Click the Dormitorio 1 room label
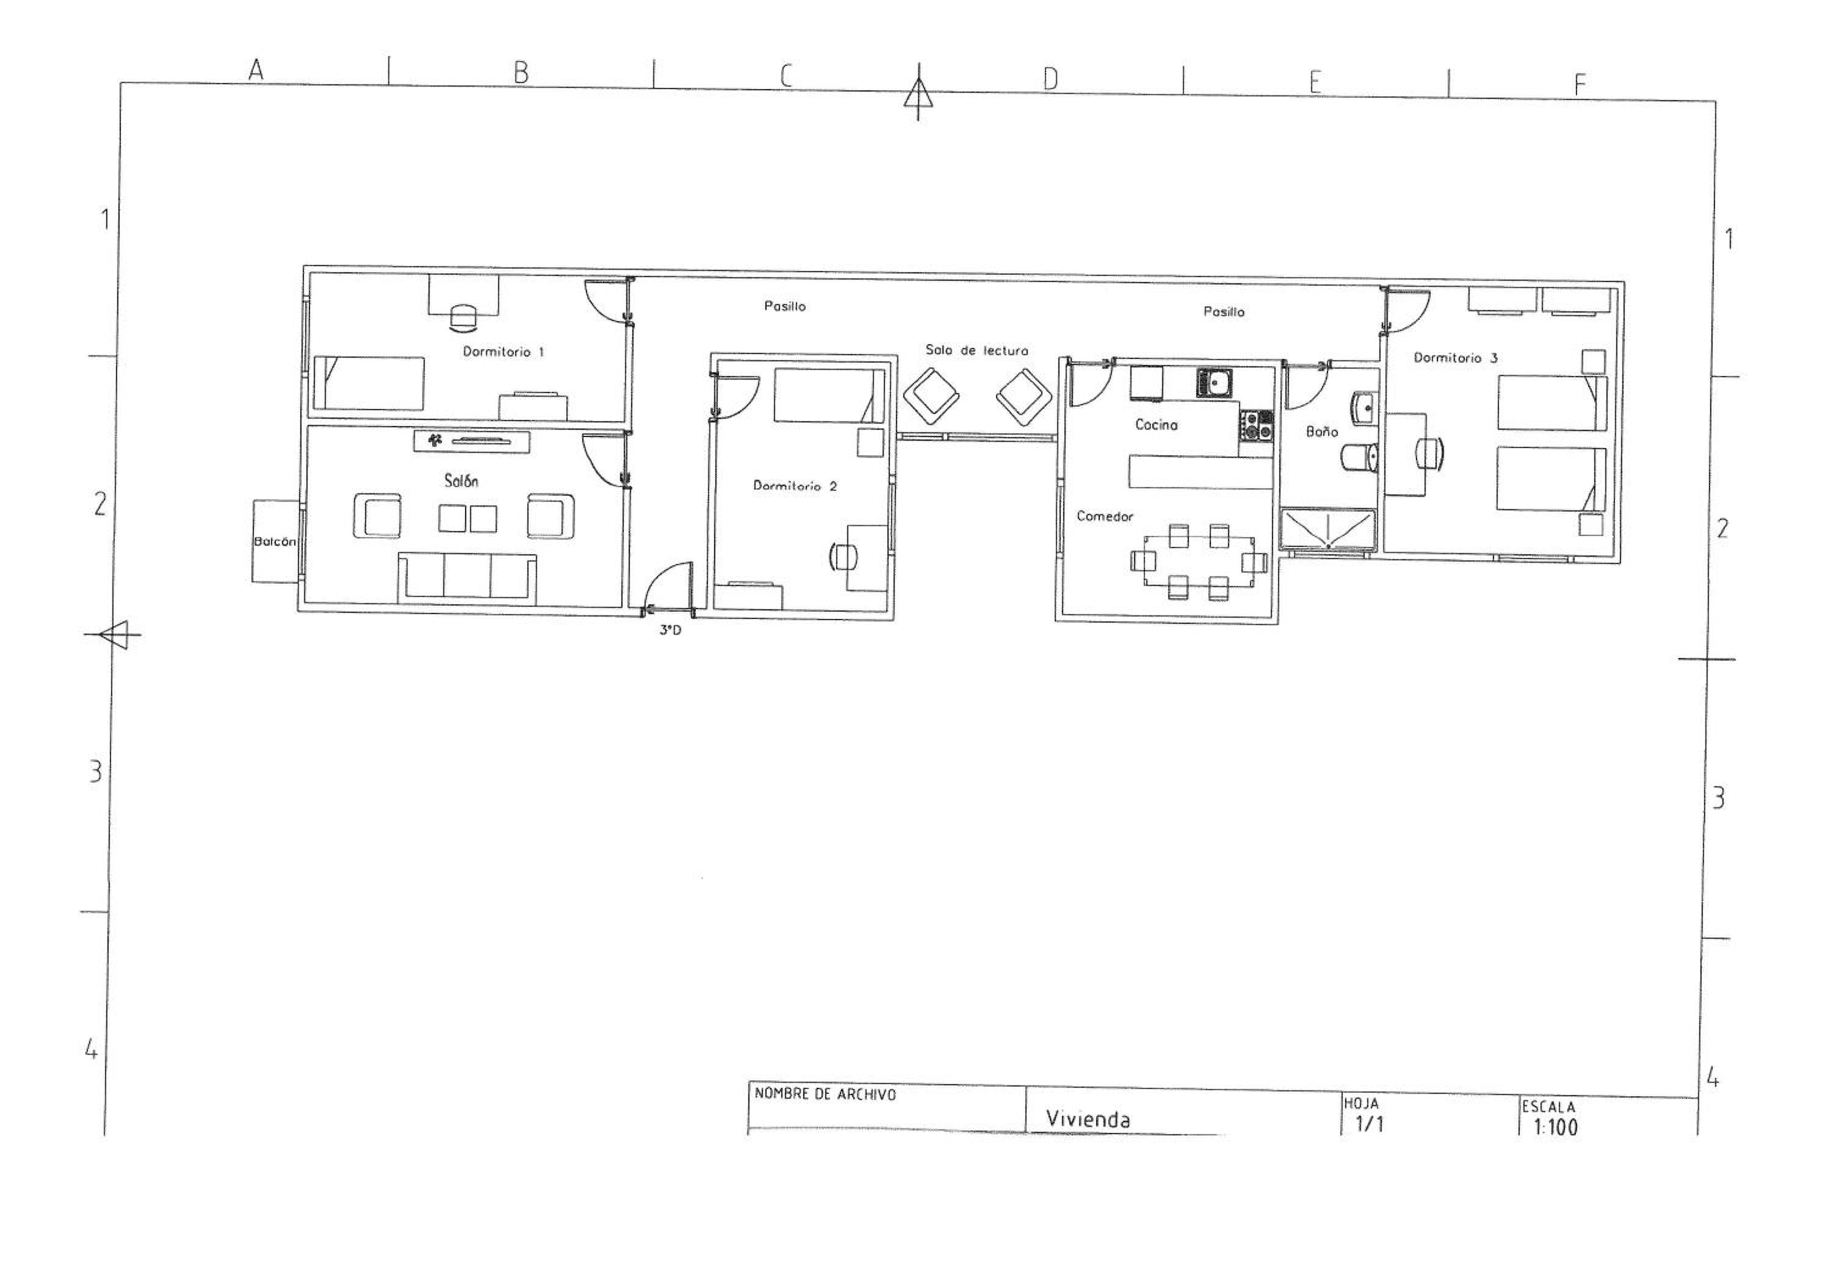pyautogui.click(x=503, y=352)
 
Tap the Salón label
pyautogui.click(x=461, y=480)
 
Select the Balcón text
pyautogui.click(x=274, y=541)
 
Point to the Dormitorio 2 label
pyautogui.click(x=795, y=486)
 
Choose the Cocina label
pyautogui.click(x=1157, y=425)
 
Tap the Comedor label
pyautogui.click(x=1105, y=517)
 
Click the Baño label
pyautogui.click(x=1321, y=432)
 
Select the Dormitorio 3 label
pyautogui.click(x=1456, y=358)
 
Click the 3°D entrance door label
pyautogui.click(x=670, y=630)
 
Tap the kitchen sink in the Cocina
pyautogui.click(x=1214, y=383)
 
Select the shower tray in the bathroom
pyautogui.click(x=1328, y=530)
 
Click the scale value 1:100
pyautogui.click(x=1555, y=1127)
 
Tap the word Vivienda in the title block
pyautogui.click(x=1088, y=1119)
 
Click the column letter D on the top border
pyautogui.click(x=1050, y=78)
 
